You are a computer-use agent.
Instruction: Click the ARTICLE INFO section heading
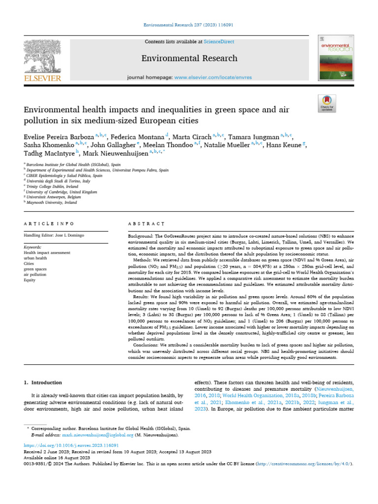point(49,223)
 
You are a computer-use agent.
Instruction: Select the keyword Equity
point(30,280)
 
